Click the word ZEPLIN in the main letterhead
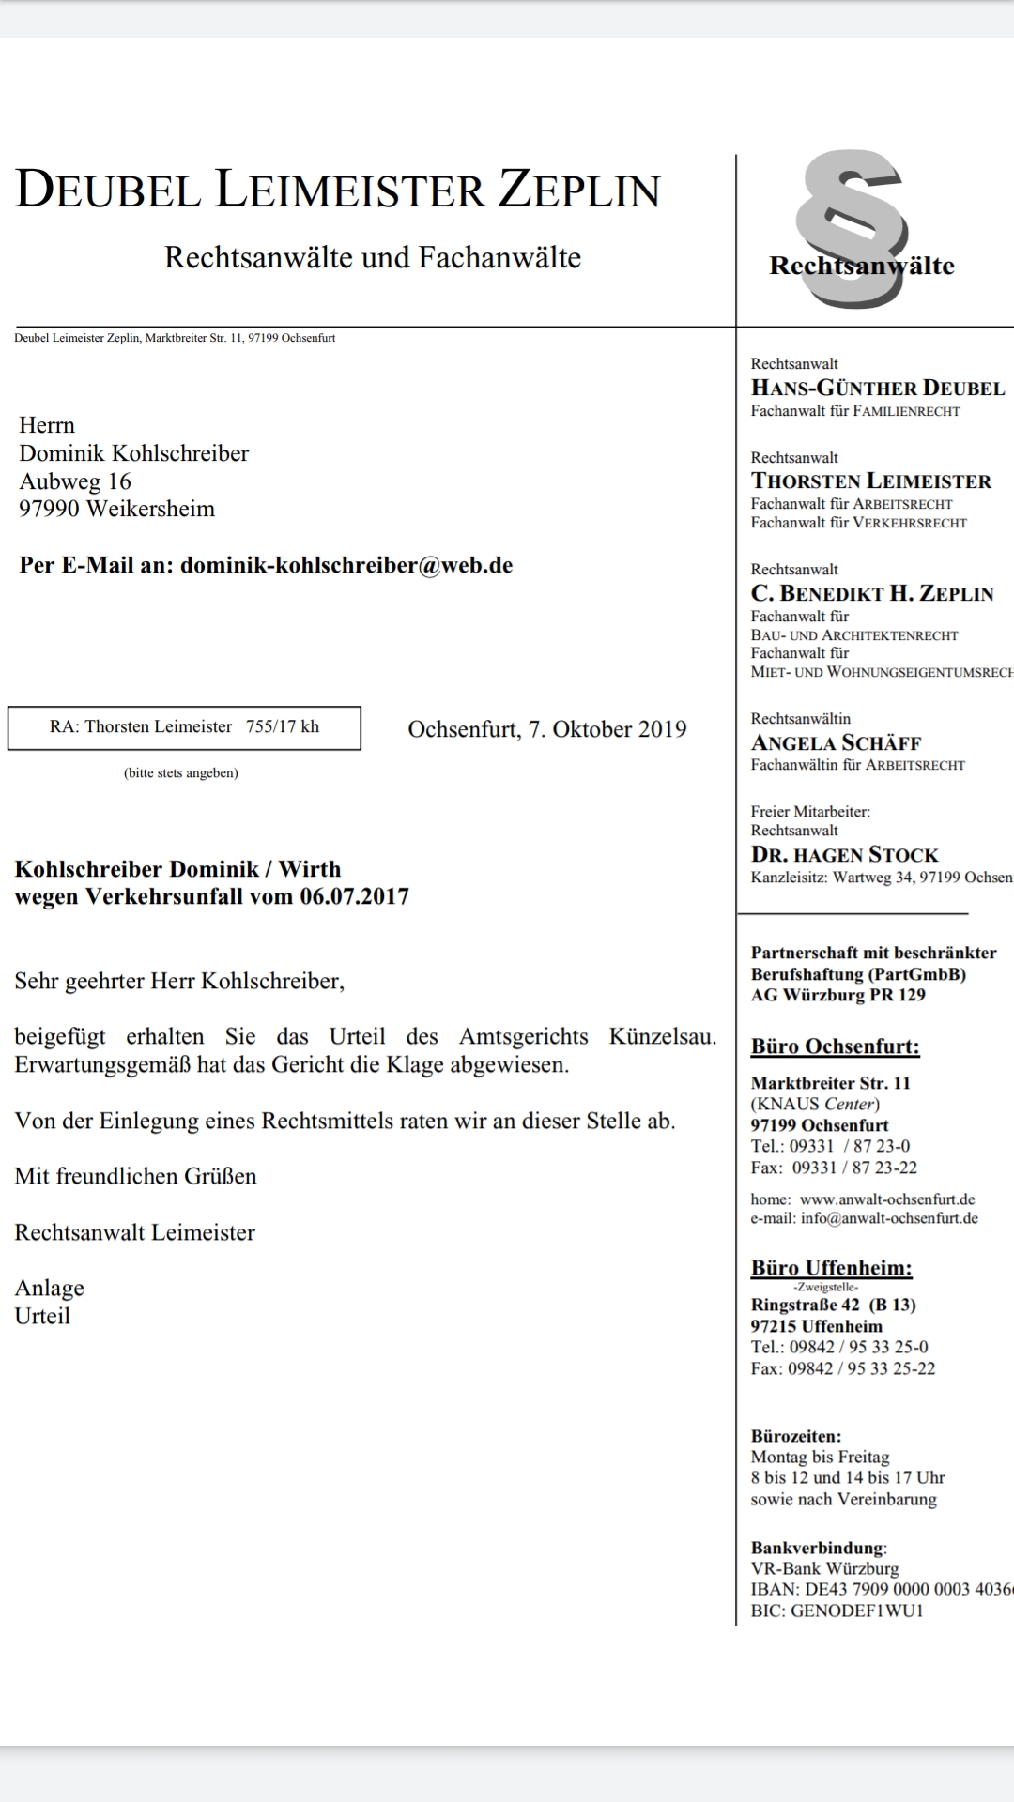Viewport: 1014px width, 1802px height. coord(579,190)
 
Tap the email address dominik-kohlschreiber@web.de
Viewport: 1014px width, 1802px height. coord(346,565)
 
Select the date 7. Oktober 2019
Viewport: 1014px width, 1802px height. coord(607,729)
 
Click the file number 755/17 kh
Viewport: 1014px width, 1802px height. coord(283,726)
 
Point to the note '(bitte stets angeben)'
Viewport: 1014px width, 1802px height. coord(181,773)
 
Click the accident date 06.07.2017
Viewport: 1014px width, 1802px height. coord(355,896)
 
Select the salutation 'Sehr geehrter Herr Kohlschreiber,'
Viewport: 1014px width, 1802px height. coord(179,981)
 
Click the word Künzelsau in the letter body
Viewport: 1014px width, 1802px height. coord(662,1036)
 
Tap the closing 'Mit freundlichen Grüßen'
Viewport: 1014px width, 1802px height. coord(135,1176)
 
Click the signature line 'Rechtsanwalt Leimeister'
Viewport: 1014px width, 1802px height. coord(134,1232)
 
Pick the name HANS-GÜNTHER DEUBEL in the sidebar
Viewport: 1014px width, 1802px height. coord(878,388)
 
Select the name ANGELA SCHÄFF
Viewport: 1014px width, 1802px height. coord(836,742)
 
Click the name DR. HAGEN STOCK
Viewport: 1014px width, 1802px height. coord(844,854)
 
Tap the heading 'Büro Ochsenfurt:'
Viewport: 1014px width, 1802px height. coord(835,1046)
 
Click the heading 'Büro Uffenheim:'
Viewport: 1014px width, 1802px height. coord(831,1268)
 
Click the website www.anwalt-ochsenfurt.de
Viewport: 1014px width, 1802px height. coord(887,1199)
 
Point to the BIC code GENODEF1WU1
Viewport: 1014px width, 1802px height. coord(857,1611)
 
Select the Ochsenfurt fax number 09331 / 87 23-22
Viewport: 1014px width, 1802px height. coord(854,1168)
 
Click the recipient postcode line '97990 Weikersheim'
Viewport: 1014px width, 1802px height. coord(116,509)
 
